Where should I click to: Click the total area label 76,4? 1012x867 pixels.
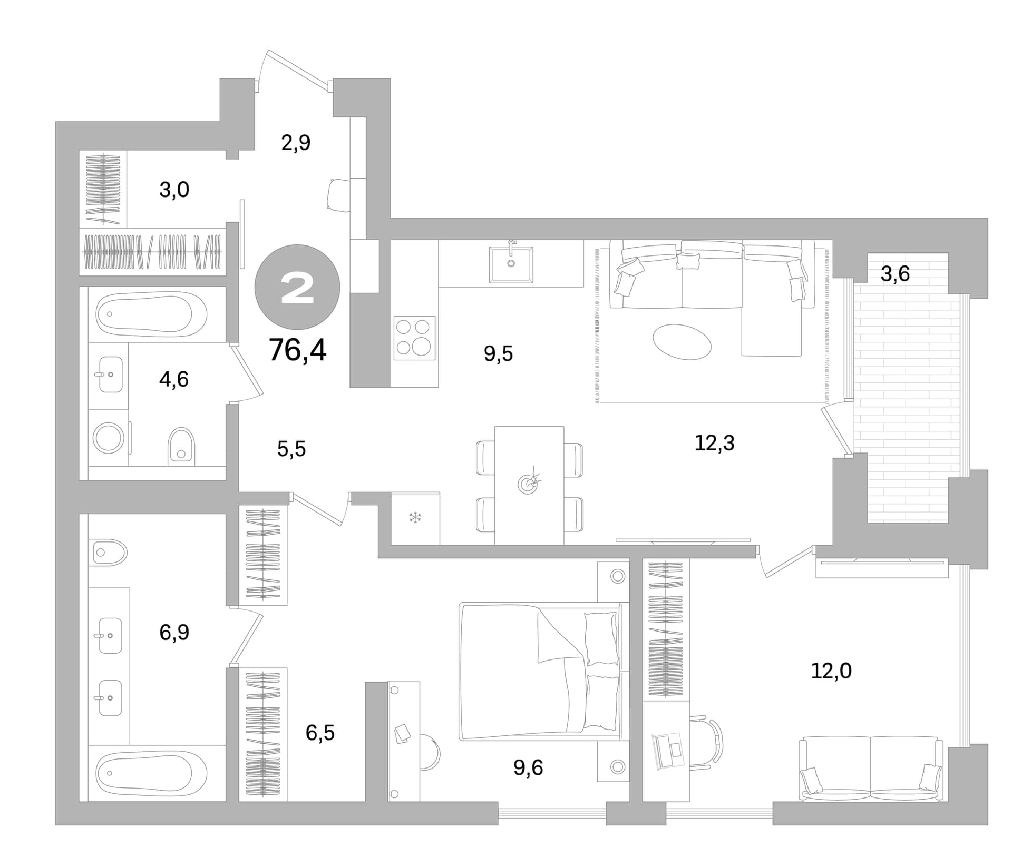[x=297, y=350]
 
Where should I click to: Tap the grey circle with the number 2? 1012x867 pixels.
[x=297, y=288]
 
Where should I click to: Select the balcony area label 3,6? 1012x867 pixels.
[x=895, y=274]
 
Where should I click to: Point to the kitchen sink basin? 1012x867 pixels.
[x=511, y=264]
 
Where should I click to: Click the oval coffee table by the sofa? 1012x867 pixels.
[x=682, y=342]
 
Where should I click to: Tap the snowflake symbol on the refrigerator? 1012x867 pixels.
[x=415, y=517]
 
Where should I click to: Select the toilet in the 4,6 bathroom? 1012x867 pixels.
[x=181, y=446]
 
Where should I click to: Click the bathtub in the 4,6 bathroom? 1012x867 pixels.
[x=151, y=314]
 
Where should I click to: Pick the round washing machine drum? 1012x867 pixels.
[x=109, y=437]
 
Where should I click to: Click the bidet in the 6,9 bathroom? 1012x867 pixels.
[x=110, y=553]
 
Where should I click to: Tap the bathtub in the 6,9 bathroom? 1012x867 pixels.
[x=151, y=774]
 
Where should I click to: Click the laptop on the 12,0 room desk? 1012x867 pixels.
[x=668, y=750]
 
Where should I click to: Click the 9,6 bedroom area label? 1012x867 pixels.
[x=528, y=768]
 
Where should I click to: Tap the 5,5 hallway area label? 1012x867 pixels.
[x=291, y=449]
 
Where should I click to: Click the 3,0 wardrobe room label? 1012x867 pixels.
[x=174, y=190]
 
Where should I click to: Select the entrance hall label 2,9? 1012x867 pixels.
[x=296, y=142]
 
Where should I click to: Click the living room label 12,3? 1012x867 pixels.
[x=714, y=443]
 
